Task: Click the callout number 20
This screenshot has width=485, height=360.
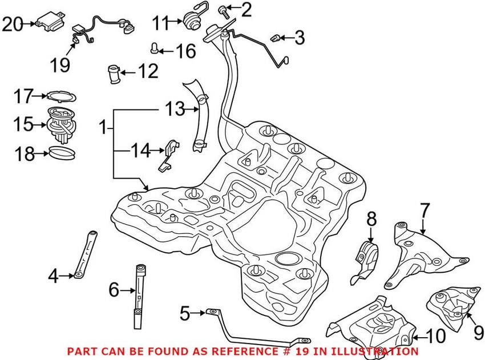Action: click(11, 24)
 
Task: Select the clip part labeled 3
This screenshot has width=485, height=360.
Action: click(276, 39)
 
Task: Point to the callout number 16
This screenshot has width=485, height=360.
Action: click(185, 51)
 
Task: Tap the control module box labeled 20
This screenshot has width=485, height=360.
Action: click(46, 24)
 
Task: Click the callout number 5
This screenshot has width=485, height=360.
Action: click(184, 313)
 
